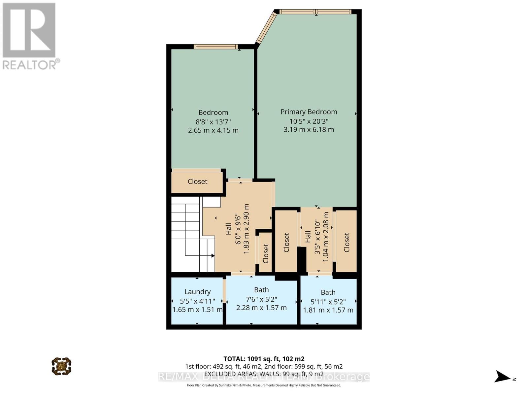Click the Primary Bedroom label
[309, 112]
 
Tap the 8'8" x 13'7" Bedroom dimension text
[213, 121]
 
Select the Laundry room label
[197, 292]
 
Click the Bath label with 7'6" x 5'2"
[261, 290]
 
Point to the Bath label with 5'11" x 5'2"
[328, 292]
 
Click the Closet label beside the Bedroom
[197, 181]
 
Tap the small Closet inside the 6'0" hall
[266, 253]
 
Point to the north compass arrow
[503, 377]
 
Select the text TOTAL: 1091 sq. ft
[264, 359]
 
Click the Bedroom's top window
[215, 47]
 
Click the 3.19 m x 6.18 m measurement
[309, 130]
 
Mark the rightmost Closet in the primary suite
[346, 242]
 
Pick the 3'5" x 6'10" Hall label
[308, 237]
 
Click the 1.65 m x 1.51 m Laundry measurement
[197, 310]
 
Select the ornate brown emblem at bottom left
[61, 366]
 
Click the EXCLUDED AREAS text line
[264, 374]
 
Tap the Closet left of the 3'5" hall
[286, 242]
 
